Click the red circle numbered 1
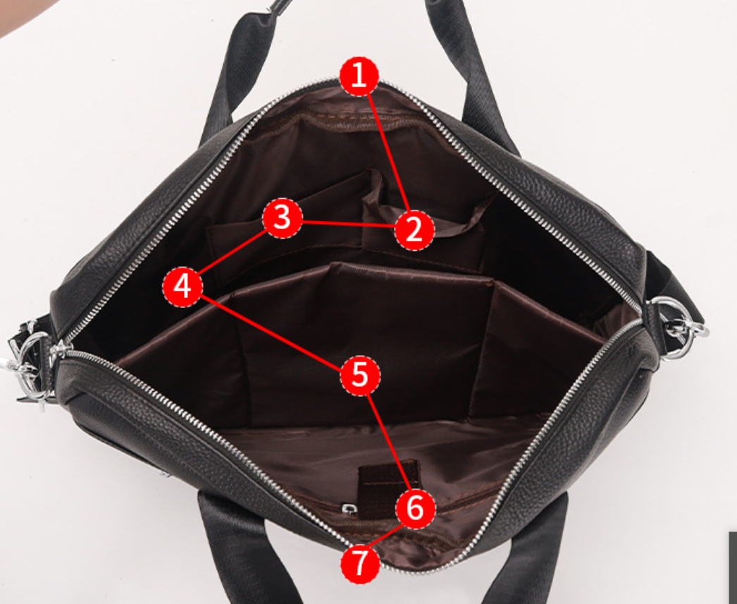click(359, 76)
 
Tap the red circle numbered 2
click(414, 230)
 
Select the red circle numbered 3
click(282, 218)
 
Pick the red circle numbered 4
click(182, 286)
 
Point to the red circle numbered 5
click(360, 376)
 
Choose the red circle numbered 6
click(416, 509)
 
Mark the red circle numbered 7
click(360, 564)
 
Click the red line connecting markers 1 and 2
click(388, 153)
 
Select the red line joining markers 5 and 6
click(388, 443)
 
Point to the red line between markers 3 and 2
click(348, 223)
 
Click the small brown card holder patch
click(388, 489)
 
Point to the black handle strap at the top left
click(240, 70)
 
